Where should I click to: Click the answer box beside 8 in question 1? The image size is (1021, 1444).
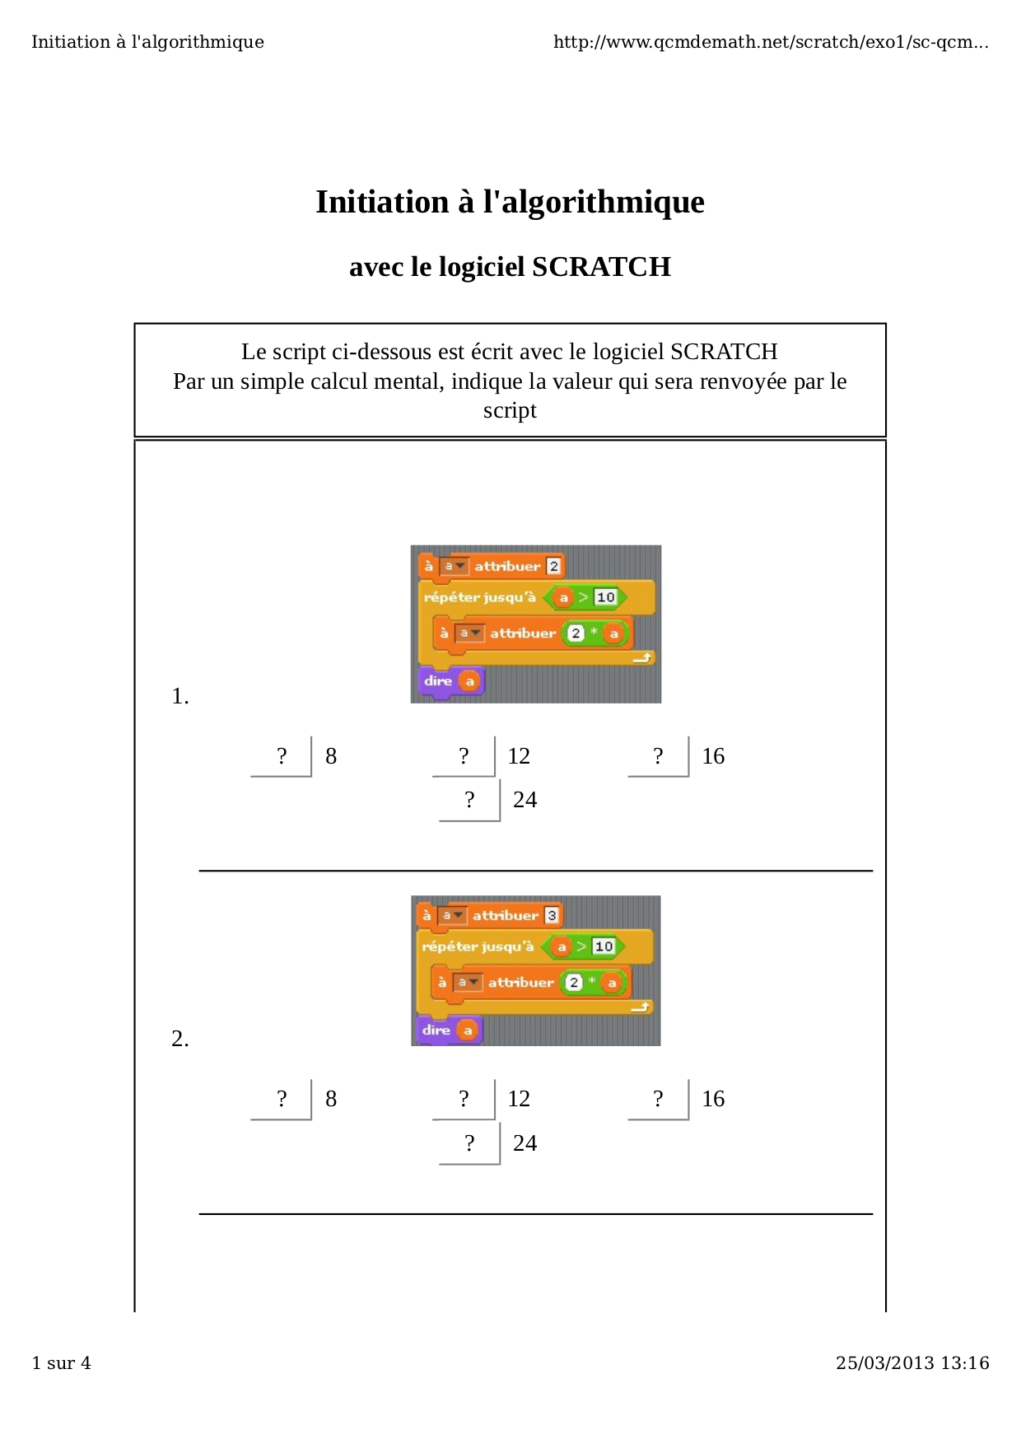coord(282,756)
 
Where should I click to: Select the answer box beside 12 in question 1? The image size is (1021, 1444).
coord(464,756)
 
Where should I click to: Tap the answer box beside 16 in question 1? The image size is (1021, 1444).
coord(659,756)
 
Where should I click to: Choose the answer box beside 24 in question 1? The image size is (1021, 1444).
coord(469,800)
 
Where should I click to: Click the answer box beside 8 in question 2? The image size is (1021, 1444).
coord(282,1099)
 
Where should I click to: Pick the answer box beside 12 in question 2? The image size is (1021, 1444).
coord(464,1099)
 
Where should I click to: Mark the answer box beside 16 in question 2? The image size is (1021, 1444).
coord(659,1099)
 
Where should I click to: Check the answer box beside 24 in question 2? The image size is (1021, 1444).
coord(469,1143)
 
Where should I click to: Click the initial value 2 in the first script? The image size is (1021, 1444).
coord(554,566)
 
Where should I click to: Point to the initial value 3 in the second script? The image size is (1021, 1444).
coord(552,915)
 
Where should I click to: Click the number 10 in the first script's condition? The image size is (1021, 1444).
coord(605,597)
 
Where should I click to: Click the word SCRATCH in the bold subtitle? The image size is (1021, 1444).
coord(601,267)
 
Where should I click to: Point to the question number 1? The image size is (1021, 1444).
coord(180,697)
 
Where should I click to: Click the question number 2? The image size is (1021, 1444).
coord(180,1040)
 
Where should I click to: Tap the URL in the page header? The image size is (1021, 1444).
coord(771,42)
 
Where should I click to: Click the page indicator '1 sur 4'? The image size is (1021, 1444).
coord(62,1363)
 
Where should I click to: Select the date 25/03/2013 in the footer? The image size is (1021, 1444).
coord(885,1363)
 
